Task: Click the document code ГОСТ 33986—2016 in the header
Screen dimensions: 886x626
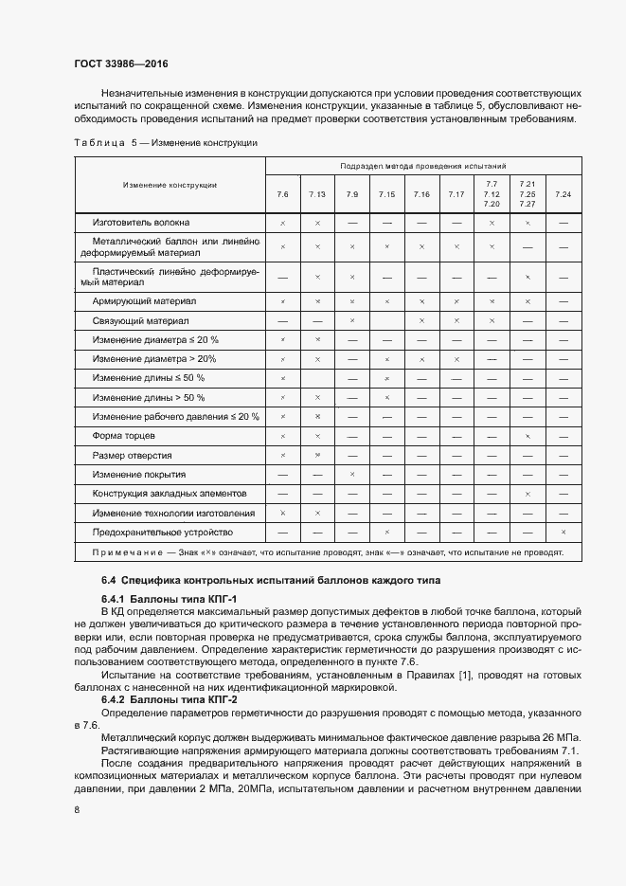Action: (116, 63)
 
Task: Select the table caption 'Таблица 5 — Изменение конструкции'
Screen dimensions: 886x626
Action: (165, 142)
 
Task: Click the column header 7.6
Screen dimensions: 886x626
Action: (282, 194)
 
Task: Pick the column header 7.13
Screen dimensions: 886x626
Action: (317, 194)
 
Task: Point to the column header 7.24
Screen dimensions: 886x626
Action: (563, 194)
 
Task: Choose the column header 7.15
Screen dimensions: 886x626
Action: (386, 194)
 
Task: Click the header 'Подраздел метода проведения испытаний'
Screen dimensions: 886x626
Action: (422, 165)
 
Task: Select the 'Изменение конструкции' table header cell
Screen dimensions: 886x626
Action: (170, 184)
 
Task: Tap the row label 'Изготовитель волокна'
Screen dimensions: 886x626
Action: (140, 222)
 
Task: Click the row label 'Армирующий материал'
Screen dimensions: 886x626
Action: (144, 300)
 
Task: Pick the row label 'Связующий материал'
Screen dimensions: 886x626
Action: (140, 320)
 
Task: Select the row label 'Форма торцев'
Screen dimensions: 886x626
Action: (119, 435)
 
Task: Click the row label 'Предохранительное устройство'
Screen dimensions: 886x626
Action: (162, 532)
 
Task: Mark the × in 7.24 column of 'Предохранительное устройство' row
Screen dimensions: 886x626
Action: (563, 532)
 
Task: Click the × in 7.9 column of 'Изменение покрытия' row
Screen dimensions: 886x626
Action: (351, 474)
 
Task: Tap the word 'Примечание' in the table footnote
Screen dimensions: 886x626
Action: (125, 551)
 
